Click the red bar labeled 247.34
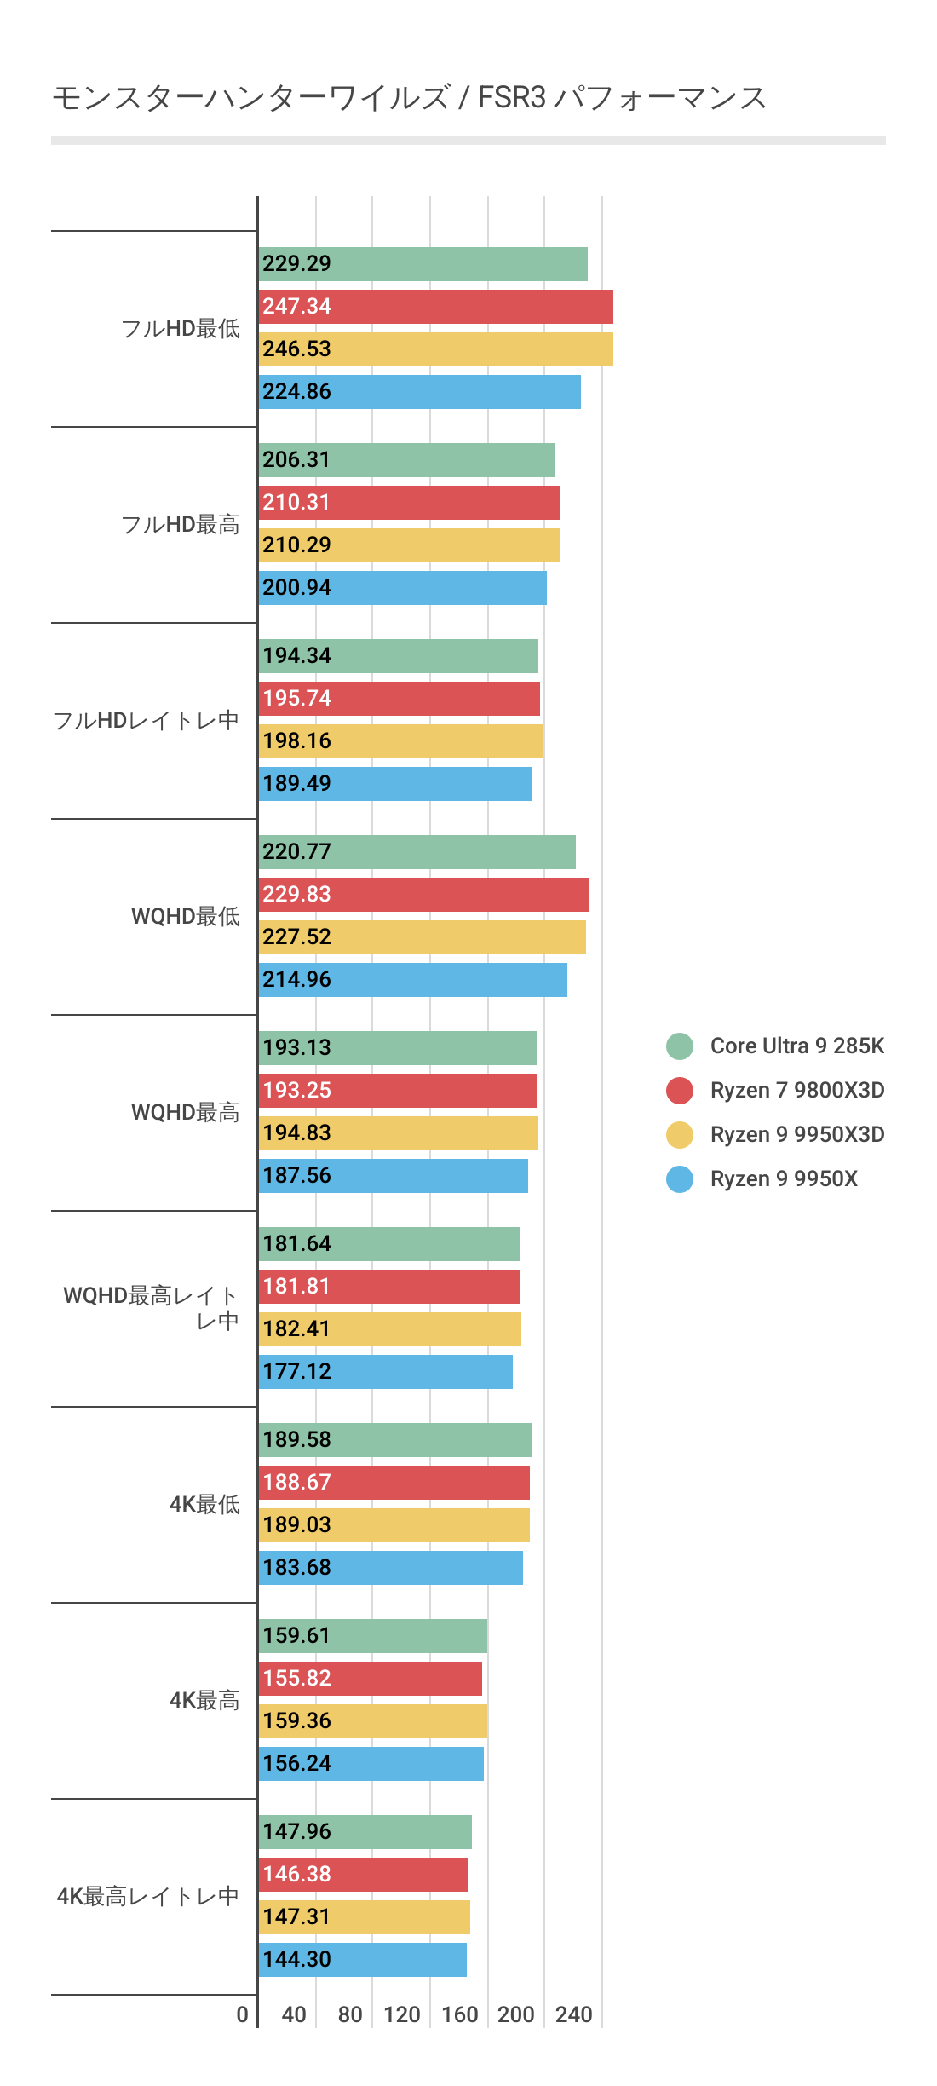tap(435, 307)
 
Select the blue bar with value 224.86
tap(419, 392)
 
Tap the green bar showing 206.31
tap(406, 460)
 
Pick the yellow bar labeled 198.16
tap(400, 741)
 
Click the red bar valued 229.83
tap(423, 895)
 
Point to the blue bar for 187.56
tap(393, 1176)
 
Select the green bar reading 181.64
tap(388, 1244)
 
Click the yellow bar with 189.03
tap(394, 1525)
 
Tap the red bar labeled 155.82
tap(370, 1679)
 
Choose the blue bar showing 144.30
tap(362, 1960)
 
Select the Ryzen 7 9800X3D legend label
tap(796, 1090)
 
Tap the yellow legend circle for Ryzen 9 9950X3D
tap(680, 1134)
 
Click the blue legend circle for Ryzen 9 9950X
tap(680, 1178)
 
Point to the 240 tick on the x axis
tap(573, 2014)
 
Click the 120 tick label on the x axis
tap(401, 2014)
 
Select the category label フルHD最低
tap(181, 329)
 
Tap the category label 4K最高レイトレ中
tap(147, 1897)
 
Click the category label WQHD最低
tap(186, 917)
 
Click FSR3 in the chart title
tap(511, 98)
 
